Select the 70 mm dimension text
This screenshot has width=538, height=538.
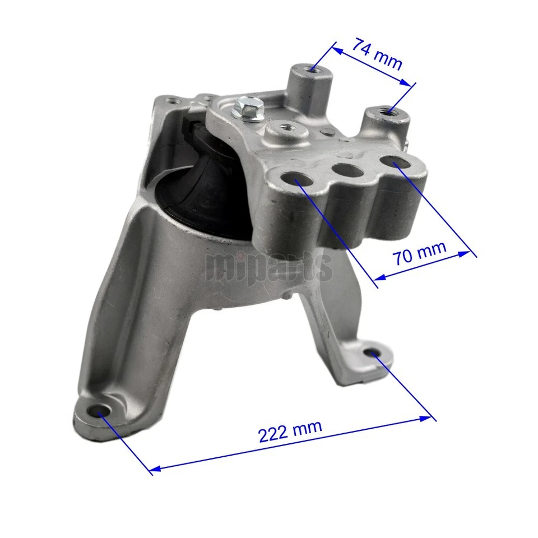pyautogui.click(x=419, y=253)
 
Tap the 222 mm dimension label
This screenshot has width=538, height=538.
pyautogui.click(x=290, y=430)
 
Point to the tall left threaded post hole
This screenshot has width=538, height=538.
pyautogui.click(x=313, y=71)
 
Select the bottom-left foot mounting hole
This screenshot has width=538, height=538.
pyautogui.click(x=101, y=412)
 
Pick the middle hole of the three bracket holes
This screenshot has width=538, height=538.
pyautogui.click(x=342, y=169)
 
